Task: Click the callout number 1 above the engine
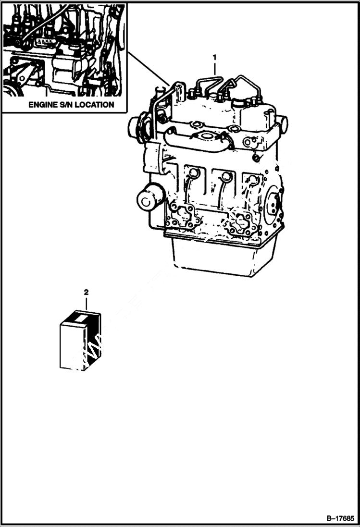215,58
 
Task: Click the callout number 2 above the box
87,292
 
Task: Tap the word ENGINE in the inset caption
43,104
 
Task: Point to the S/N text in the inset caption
67,104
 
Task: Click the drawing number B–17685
340,518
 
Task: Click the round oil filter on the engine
150,197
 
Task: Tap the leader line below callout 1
215,69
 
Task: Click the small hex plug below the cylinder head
256,159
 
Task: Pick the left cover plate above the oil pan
181,216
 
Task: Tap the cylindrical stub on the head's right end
284,124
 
